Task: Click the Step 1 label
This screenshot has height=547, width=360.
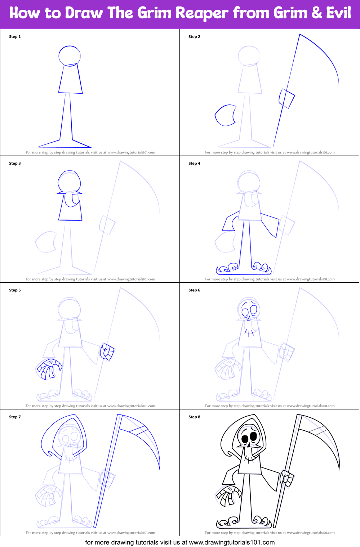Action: (15, 37)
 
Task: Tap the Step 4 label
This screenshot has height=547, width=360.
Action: (194, 163)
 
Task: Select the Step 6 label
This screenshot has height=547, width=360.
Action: (194, 290)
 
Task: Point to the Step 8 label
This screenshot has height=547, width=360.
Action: (194, 417)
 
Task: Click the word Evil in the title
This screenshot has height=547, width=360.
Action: (338, 13)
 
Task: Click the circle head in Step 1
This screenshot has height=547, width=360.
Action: (70, 56)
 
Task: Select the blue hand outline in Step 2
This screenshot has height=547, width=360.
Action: (225, 115)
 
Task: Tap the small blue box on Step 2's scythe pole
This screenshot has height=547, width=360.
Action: (287, 98)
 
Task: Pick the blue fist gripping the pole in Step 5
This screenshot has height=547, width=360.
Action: (107, 352)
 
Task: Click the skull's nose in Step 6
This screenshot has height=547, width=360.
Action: (249, 318)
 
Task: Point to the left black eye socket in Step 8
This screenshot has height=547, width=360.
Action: (245, 438)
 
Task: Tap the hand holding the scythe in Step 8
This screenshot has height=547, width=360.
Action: (287, 478)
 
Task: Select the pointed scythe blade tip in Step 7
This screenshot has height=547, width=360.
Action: (159, 468)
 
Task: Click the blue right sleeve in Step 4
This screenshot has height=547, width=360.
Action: (270, 224)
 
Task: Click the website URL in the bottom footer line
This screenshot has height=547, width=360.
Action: (232, 542)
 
